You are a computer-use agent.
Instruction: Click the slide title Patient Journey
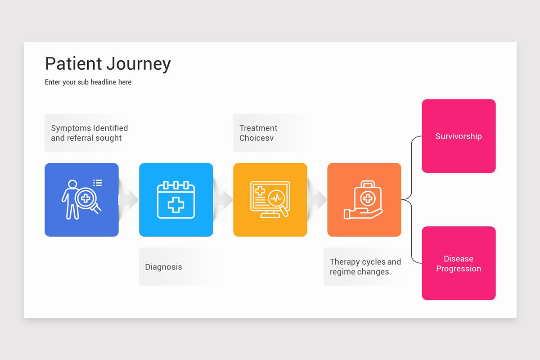coord(108,64)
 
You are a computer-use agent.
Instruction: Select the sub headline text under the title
coord(88,82)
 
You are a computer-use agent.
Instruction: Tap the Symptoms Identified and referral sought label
coord(89,133)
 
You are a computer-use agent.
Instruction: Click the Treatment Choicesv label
coord(258,133)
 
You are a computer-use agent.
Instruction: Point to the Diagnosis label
coord(163,267)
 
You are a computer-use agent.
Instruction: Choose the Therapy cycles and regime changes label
coord(365,267)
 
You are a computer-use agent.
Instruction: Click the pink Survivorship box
coord(459,136)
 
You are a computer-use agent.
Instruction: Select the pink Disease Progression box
coord(459,264)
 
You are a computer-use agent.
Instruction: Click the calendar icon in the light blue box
coord(176,200)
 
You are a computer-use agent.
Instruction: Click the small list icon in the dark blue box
coord(98,183)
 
